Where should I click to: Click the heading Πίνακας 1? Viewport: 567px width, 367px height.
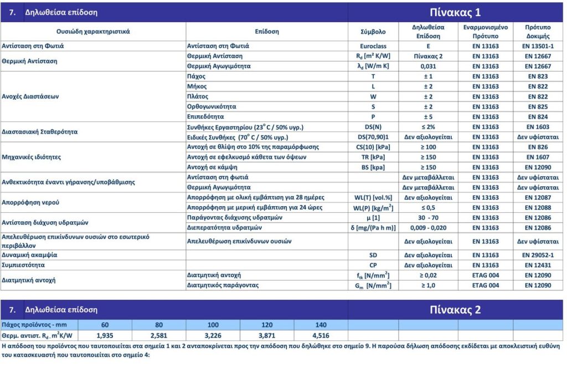(x=456, y=13)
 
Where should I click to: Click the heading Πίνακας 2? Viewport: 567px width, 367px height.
(x=456, y=309)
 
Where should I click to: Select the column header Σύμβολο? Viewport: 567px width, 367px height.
(x=373, y=32)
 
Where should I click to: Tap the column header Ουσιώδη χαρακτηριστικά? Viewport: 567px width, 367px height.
(x=93, y=32)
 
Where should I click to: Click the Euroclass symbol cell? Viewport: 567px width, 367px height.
(x=373, y=46)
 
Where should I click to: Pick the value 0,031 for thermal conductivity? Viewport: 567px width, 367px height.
(x=428, y=66)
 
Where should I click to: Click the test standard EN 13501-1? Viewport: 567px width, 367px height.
(x=537, y=46)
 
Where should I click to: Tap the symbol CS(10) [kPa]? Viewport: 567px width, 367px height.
(x=373, y=147)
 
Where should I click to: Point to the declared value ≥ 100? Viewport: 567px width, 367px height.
(x=428, y=147)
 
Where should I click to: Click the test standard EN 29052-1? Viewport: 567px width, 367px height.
(x=537, y=255)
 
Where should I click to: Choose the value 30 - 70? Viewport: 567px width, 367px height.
(x=428, y=217)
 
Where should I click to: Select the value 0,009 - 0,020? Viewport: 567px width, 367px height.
(x=428, y=227)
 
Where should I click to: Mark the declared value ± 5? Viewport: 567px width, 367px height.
(x=428, y=116)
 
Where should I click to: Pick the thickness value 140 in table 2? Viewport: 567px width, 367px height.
(x=321, y=325)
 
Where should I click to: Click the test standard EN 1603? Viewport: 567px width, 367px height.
(x=537, y=127)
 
